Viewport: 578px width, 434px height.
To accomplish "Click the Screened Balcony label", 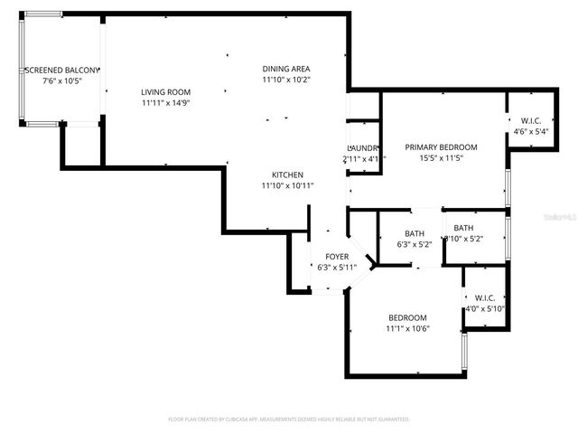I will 61,70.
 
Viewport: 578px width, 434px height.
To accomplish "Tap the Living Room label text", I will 165,91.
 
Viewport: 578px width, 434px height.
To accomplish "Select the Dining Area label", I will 286,69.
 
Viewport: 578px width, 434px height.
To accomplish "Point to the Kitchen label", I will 288,175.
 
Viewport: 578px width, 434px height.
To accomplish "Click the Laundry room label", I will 363,147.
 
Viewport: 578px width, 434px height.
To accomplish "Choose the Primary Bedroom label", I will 441,147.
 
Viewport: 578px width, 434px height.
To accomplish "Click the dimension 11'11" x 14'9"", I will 165,102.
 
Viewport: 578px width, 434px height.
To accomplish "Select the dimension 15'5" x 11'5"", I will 441,158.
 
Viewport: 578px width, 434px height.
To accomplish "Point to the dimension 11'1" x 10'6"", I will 408,328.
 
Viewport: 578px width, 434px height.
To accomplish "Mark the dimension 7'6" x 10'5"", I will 61,80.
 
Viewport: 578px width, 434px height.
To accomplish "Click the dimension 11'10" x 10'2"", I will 286,80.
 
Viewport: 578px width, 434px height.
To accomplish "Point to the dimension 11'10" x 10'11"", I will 288,185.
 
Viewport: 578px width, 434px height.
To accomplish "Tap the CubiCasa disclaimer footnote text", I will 289,420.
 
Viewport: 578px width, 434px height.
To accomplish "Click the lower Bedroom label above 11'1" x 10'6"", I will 408,317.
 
